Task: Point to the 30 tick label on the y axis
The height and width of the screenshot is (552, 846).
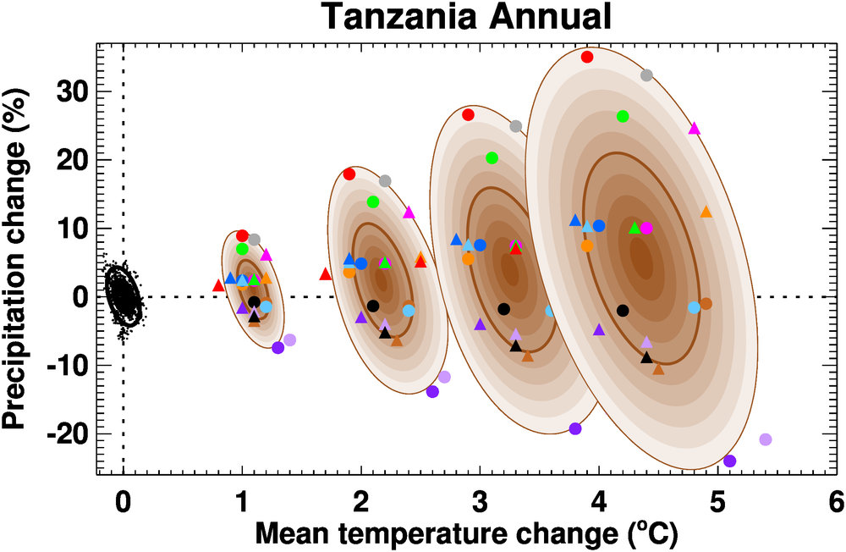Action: pos(72,91)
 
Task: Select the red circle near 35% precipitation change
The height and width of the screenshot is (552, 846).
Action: pos(587,57)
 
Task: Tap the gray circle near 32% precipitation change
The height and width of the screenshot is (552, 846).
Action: pos(646,75)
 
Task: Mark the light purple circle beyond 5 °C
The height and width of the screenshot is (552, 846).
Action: pos(766,439)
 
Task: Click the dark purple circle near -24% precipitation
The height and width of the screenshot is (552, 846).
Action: pos(730,461)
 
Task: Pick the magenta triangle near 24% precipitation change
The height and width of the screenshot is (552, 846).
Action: pos(695,129)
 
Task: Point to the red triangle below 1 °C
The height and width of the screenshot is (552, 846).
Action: pos(219,285)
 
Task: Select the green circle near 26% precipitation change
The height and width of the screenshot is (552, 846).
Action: pos(623,116)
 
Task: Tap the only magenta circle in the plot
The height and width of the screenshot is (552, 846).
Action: pos(646,228)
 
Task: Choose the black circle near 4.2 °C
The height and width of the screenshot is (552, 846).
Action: pos(623,310)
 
